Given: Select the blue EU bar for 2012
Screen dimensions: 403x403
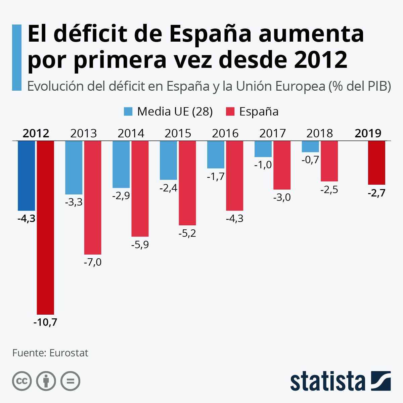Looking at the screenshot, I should (27, 175).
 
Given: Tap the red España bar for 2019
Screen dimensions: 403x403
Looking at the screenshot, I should (376, 163).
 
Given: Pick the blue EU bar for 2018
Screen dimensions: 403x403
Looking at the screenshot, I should (310, 146).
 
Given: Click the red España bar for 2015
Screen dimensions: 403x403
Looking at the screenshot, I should (187, 183).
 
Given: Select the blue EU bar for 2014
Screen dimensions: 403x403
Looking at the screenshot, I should (121, 164).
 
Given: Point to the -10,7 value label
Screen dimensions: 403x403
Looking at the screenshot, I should (45, 322).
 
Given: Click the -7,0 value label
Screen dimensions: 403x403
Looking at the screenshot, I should (92, 262).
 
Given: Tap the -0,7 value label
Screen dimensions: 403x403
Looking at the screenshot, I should (310, 160).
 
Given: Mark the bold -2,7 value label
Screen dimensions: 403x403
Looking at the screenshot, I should (376, 193).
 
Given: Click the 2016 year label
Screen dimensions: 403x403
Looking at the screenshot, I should (225, 133).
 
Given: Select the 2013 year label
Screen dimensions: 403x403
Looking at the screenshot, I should (84, 133).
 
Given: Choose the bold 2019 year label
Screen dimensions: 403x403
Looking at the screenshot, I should (368, 133).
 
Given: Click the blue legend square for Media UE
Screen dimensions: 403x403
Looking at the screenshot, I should (128, 111).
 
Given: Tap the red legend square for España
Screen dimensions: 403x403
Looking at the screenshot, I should (230, 111).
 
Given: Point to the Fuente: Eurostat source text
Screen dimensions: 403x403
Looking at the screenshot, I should (50, 353).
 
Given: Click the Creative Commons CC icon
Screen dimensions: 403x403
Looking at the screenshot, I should (22, 381).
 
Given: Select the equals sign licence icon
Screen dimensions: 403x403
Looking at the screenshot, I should (71, 381).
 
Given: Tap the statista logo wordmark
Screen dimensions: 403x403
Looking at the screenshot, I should (328, 382).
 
